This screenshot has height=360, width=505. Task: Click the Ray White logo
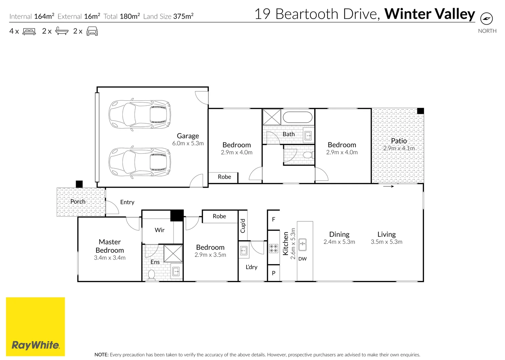(35, 327)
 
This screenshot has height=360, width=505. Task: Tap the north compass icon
(487, 18)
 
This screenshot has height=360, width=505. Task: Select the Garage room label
(188, 136)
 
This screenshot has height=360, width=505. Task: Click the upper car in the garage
(140, 114)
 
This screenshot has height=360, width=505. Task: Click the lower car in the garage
(140, 162)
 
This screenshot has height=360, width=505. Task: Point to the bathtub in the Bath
(298, 117)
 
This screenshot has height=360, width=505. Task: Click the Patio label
(399, 141)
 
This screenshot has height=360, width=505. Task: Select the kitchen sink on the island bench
(303, 244)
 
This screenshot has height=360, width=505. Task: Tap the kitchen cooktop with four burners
(274, 248)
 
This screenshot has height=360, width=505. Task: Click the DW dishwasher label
(303, 259)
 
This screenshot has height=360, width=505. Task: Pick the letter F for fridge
(274, 219)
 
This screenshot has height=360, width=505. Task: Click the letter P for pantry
(274, 273)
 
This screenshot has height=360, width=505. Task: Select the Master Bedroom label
(110, 246)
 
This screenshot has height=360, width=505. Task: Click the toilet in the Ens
(151, 275)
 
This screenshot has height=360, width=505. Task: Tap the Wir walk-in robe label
(159, 230)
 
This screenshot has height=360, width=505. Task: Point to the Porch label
(78, 202)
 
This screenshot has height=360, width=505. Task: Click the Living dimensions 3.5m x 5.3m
(387, 242)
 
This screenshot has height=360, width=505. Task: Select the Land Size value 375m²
(183, 16)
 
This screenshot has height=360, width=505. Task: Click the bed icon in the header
(29, 32)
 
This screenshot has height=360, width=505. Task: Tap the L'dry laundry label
(251, 267)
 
